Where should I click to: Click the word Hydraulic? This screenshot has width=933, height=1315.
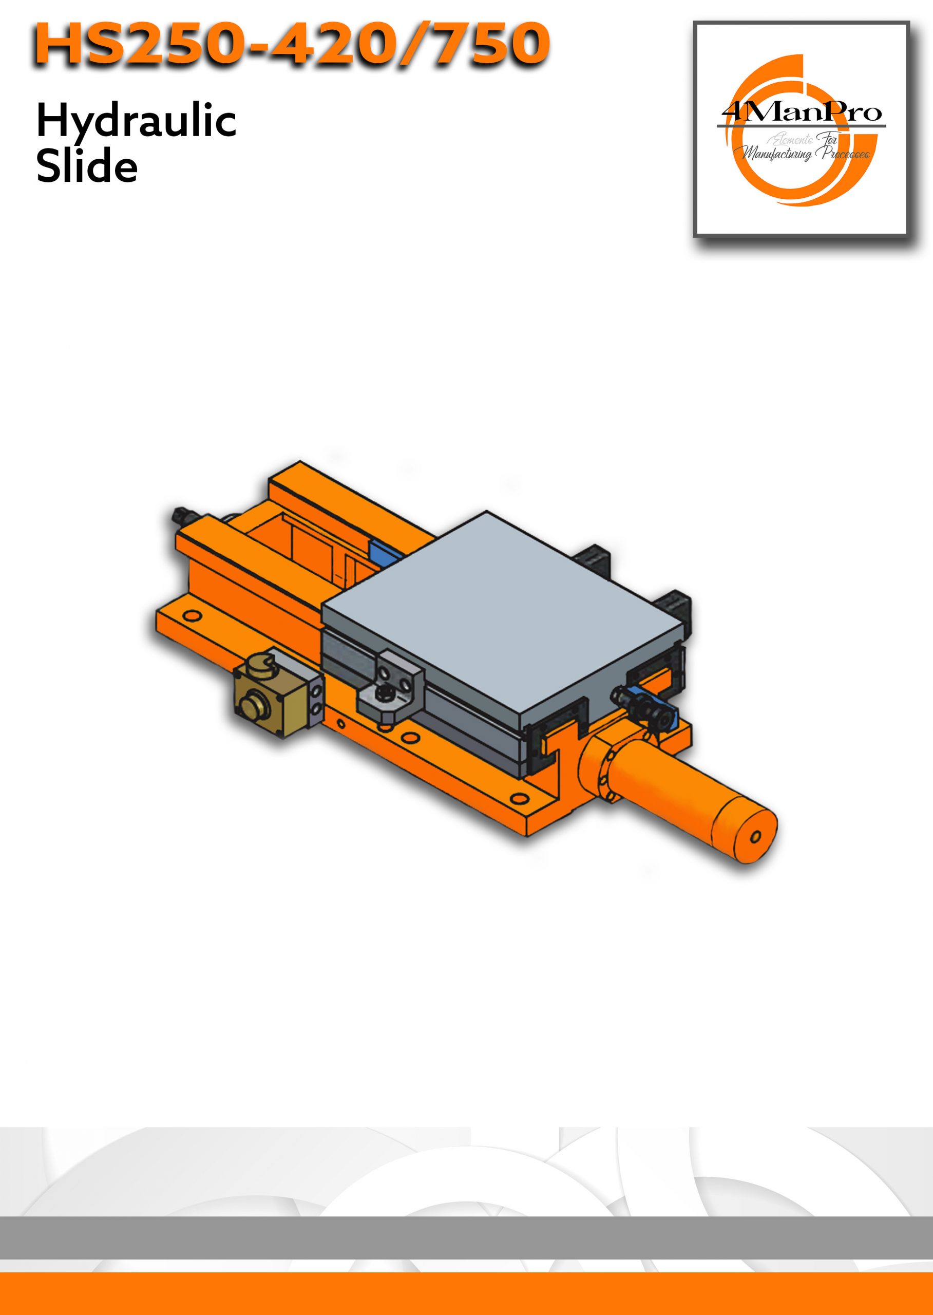[x=136, y=122]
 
